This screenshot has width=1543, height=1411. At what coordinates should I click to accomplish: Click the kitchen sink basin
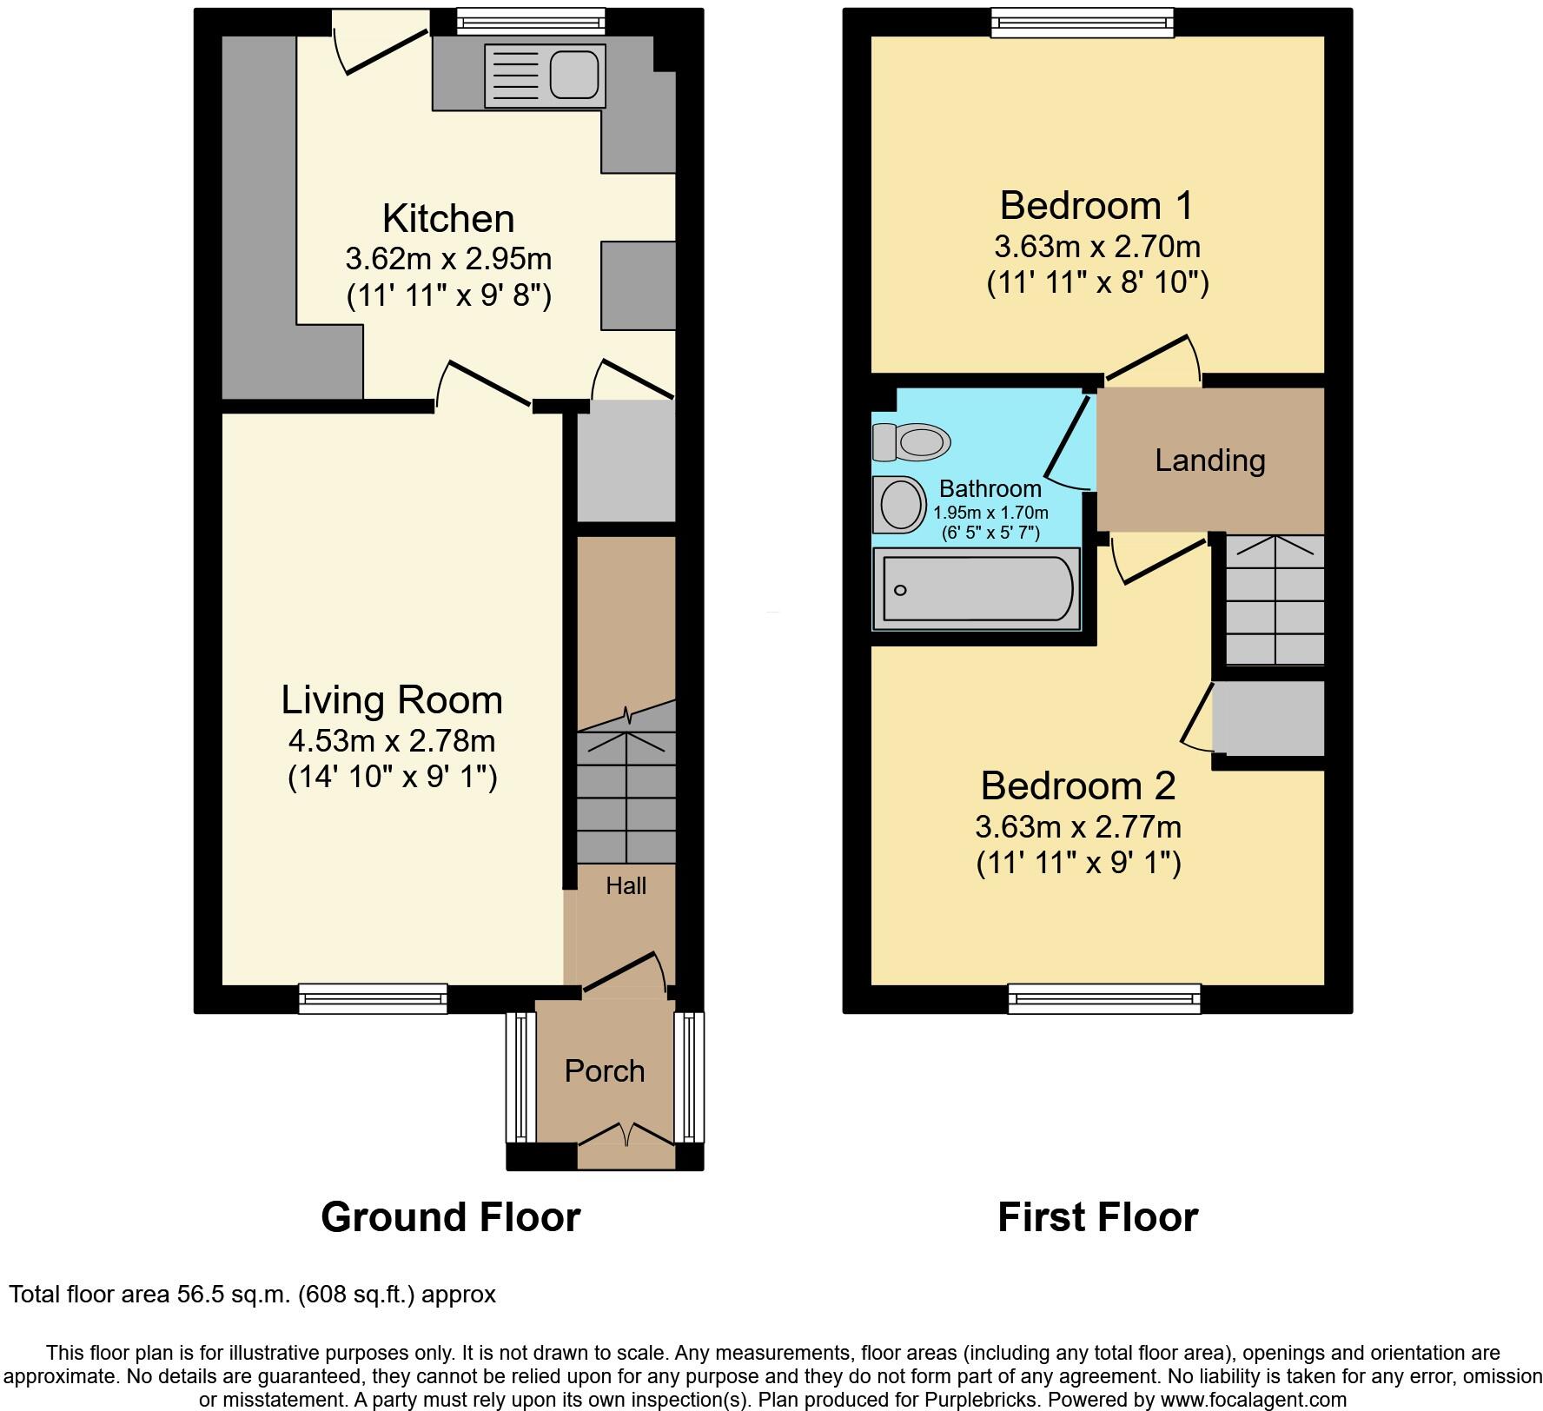click(x=575, y=74)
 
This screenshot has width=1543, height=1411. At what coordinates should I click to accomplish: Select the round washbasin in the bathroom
click(x=902, y=504)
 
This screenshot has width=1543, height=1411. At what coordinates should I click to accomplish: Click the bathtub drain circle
click(x=900, y=591)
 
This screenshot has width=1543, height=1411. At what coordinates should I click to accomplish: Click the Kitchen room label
click(x=448, y=218)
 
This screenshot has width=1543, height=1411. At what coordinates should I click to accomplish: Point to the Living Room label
click(x=392, y=700)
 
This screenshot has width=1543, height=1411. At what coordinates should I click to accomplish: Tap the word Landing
click(x=1209, y=460)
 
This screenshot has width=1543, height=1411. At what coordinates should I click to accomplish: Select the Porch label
click(x=605, y=1071)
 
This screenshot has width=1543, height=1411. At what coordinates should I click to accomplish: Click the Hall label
click(x=626, y=886)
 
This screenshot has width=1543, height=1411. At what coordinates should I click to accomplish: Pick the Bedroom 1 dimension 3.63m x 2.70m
click(x=1097, y=247)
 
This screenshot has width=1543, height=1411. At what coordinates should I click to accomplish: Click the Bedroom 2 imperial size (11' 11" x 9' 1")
click(x=1078, y=864)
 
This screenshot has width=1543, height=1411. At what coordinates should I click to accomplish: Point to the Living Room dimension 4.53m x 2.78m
click(x=392, y=741)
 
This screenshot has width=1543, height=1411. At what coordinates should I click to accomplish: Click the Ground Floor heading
click(x=450, y=1217)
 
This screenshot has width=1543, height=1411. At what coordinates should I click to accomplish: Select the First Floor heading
click(x=1097, y=1217)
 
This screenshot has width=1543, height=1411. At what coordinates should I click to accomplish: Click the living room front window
click(x=373, y=998)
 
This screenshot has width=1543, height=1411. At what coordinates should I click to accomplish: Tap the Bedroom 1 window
click(x=1083, y=23)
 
